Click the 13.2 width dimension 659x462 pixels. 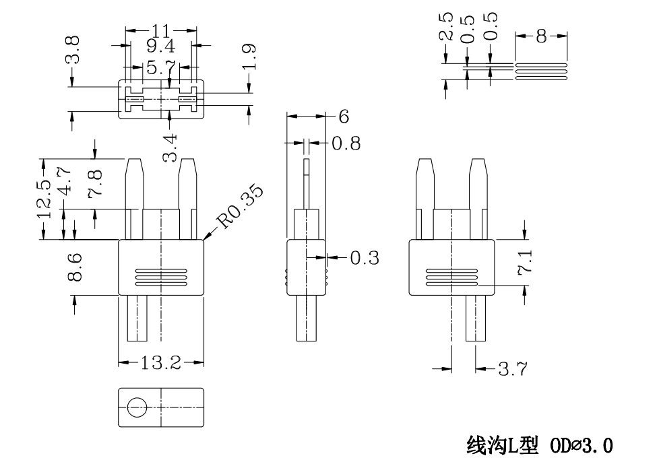161,364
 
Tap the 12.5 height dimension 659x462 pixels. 44,199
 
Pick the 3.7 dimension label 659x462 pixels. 512,369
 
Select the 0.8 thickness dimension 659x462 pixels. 346,143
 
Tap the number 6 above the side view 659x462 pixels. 344,117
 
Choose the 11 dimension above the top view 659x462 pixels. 161,30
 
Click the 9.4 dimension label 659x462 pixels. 161,46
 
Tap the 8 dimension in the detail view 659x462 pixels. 541,37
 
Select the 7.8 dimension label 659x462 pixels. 95,183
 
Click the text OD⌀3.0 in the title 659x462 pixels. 579,445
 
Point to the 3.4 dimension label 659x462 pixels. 171,147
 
